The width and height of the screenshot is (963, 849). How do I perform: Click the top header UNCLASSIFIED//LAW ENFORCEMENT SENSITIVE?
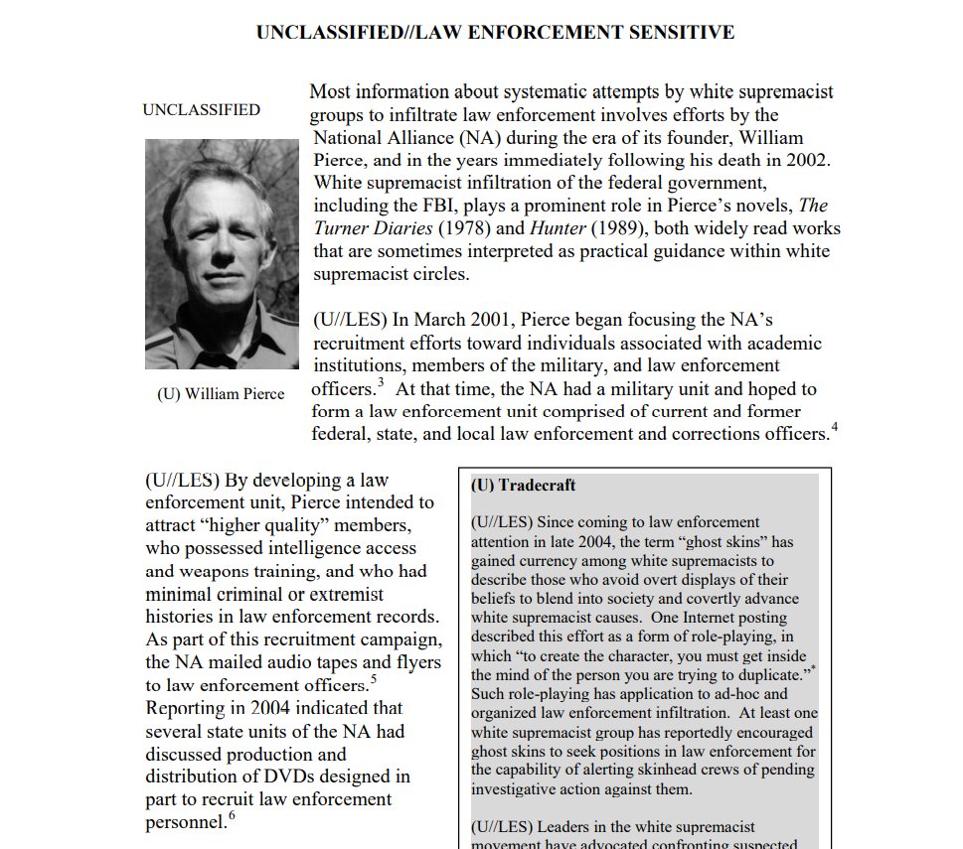click(x=495, y=33)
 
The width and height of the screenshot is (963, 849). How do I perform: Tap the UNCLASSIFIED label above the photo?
click(x=202, y=110)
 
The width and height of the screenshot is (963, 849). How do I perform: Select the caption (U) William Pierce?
click(x=221, y=394)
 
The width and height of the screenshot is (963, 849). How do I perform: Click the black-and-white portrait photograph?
click(x=222, y=254)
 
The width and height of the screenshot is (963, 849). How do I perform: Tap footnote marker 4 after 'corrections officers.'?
click(x=835, y=428)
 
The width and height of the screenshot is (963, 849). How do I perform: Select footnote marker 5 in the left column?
click(x=374, y=680)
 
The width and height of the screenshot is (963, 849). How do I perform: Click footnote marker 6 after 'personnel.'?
click(x=232, y=817)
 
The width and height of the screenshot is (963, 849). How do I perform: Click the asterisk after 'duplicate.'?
click(x=813, y=672)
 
